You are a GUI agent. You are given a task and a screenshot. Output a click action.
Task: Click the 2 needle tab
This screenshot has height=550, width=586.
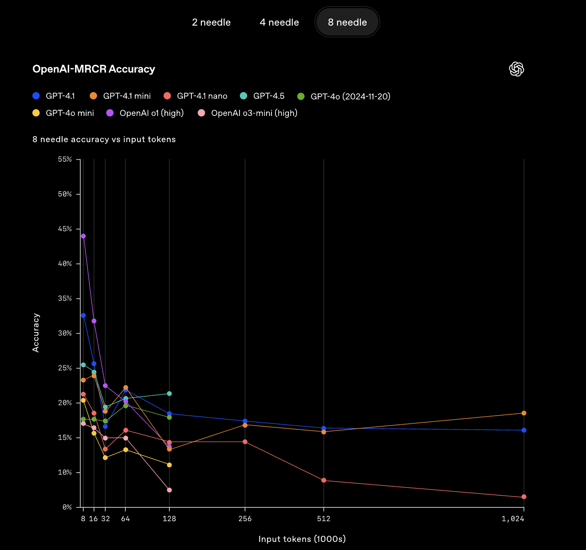211,22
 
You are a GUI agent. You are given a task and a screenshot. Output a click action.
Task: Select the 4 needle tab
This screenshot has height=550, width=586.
279,22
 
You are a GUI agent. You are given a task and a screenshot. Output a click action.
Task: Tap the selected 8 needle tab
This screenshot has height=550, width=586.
347,22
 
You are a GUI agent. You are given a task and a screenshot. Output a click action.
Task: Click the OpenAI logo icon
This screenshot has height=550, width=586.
516,69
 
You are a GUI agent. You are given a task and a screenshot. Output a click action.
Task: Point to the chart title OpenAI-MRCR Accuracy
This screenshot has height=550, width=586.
93,69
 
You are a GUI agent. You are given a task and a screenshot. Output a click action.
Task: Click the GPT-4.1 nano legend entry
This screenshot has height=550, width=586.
196,96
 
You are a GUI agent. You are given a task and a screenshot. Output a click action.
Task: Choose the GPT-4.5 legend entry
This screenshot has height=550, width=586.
262,96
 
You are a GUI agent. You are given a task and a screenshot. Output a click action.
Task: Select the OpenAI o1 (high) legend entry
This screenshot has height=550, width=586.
145,113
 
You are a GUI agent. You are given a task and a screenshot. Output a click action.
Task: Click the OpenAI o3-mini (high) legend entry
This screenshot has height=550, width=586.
248,113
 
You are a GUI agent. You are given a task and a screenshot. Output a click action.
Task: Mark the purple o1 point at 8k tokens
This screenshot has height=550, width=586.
83,236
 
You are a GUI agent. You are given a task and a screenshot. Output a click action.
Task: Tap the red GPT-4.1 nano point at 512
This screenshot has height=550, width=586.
324,480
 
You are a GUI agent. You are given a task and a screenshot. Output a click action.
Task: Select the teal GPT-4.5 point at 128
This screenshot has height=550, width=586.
169,394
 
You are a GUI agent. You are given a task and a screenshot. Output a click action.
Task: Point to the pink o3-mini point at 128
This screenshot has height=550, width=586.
169,490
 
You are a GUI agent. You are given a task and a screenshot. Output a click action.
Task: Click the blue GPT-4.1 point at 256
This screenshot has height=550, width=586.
245,421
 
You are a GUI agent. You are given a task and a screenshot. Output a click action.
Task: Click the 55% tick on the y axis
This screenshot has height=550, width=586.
65,160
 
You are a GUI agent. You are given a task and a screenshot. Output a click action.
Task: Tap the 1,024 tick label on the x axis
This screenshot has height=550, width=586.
513,519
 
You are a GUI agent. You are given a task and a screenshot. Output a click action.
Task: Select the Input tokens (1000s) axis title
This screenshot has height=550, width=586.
302,539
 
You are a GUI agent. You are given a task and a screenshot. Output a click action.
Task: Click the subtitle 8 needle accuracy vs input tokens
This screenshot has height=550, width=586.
104,139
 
